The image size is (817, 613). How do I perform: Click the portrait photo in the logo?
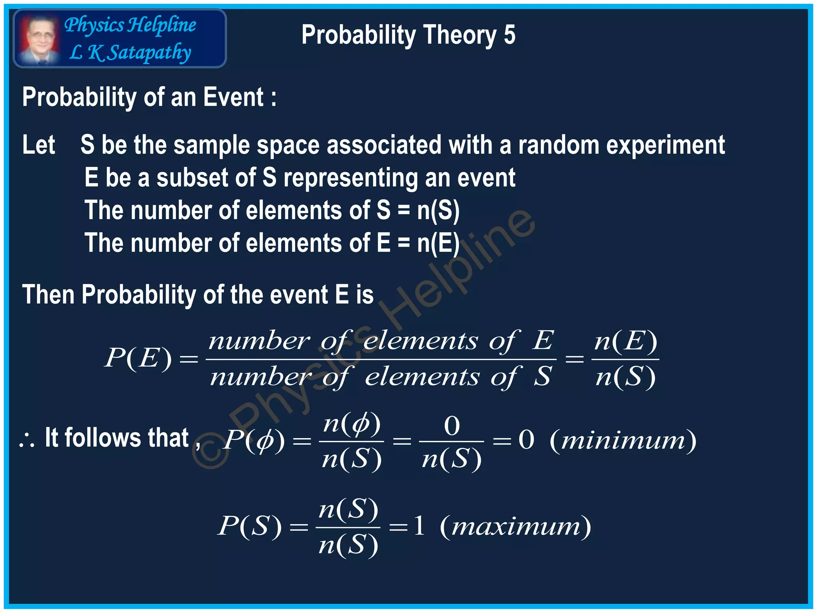tap(39, 39)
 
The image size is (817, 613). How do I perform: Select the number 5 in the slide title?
tap(509, 35)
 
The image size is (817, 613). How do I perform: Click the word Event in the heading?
tap(233, 97)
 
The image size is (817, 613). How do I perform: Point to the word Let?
tap(38, 144)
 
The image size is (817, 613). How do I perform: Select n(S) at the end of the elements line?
tap(438, 210)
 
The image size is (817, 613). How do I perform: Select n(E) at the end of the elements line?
tap(438, 243)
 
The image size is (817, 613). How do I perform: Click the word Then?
tap(48, 295)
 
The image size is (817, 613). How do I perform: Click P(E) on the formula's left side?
tap(138, 358)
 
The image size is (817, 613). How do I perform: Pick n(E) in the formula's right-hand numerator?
tap(625, 342)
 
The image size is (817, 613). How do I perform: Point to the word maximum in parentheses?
tap(515, 527)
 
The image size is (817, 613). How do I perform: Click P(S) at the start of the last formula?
tap(250, 526)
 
